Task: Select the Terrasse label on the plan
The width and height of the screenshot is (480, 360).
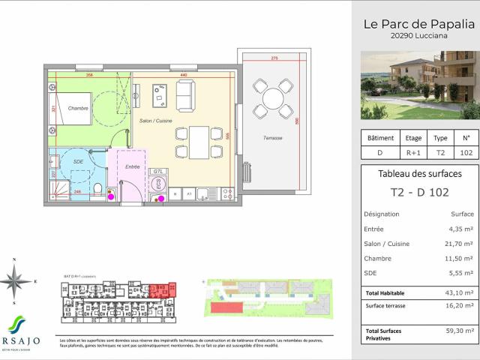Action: (x=272, y=138)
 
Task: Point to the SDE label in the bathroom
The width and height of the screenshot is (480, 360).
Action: (x=78, y=162)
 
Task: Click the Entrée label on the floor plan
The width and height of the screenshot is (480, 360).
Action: (x=132, y=166)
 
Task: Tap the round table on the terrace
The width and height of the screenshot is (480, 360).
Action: (x=272, y=97)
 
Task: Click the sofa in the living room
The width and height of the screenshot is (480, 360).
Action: (x=187, y=95)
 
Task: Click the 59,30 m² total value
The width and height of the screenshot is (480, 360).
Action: (x=458, y=330)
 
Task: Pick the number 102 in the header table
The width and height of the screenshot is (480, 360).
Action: (x=465, y=152)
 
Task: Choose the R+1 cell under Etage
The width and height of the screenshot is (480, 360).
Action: (x=413, y=152)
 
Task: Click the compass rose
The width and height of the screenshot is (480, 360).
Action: (x=16, y=281)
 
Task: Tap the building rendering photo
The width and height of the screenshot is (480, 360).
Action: (x=418, y=85)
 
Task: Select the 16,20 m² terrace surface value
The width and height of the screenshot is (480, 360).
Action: (x=458, y=305)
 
